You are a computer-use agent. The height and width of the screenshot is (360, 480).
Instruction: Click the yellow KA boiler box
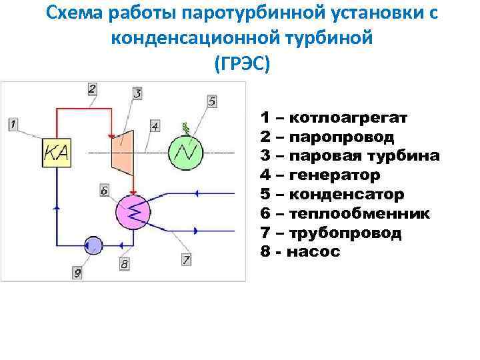coord(57,153)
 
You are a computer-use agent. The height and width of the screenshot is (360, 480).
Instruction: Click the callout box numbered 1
coord(14,123)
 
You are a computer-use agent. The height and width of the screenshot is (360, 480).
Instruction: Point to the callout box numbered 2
coord(92,88)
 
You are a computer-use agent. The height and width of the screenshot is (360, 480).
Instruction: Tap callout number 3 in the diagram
coord(137,93)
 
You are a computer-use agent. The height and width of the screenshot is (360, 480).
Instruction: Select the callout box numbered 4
coord(155,125)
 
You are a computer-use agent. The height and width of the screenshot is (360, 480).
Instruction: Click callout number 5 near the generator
coord(212,101)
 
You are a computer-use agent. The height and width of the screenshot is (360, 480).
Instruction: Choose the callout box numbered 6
coord(104,191)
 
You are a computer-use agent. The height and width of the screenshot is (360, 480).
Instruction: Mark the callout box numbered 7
coord(186,259)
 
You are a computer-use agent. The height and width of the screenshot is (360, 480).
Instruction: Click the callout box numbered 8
coord(124,264)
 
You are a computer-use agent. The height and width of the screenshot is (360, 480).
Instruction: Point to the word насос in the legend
coord(316,252)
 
